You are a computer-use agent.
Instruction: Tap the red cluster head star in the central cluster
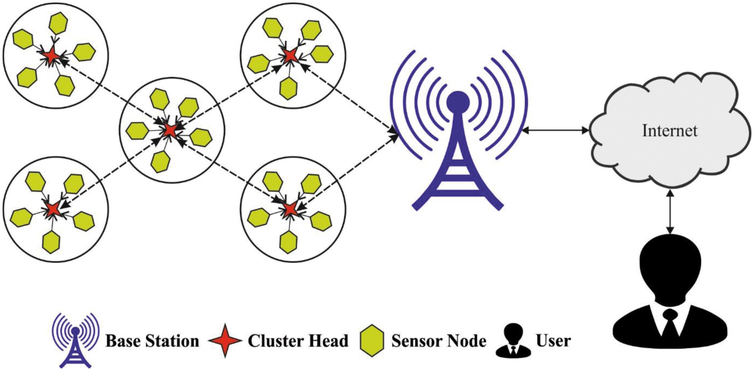tap(170, 130)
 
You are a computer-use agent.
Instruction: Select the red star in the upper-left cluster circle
tap(51, 54)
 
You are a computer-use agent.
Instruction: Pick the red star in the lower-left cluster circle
tap(52, 209)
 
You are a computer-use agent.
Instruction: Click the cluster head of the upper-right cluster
tap(290, 55)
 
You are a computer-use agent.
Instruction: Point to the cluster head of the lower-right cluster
tap(290, 210)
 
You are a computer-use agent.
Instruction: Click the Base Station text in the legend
tap(152, 342)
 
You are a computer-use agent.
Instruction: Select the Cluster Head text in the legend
tap(298, 342)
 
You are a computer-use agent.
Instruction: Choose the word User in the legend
tap(553, 342)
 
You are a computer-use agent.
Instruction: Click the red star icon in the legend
tap(224, 341)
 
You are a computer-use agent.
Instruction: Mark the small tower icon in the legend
tap(74, 340)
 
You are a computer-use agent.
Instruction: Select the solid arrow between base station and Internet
tap(556, 131)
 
